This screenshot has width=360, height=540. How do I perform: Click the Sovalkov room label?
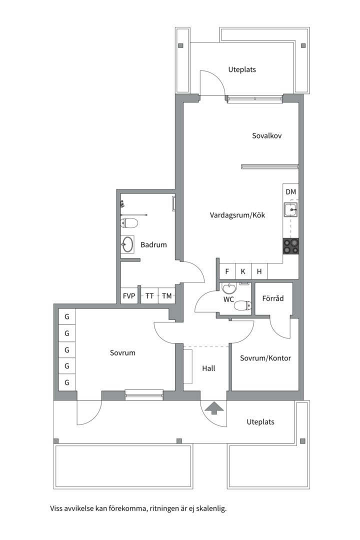pyautogui.click(x=267, y=135)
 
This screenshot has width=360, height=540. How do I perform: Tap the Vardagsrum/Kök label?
pyautogui.click(x=237, y=215)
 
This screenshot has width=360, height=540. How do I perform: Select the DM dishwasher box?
pyautogui.click(x=290, y=192)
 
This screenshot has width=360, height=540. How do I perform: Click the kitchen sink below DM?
pyautogui.click(x=290, y=210)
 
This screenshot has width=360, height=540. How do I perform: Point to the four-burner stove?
pyautogui.click(x=290, y=245)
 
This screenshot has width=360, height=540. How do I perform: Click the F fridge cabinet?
pyautogui.click(x=227, y=271)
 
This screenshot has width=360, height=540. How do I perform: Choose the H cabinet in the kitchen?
pyautogui.click(x=259, y=271)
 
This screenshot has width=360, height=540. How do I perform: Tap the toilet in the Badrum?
pyautogui.click(x=129, y=222)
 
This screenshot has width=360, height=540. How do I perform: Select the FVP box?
pyautogui.click(x=129, y=296)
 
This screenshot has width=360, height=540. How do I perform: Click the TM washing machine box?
pyautogui.click(x=166, y=296)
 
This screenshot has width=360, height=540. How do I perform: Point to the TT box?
pyautogui.click(x=149, y=296)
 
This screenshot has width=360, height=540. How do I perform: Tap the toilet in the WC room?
pyautogui.click(x=242, y=305)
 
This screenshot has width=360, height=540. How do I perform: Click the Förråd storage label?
pyautogui.click(x=273, y=298)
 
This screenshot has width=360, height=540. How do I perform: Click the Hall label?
pyautogui.click(x=208, y=368)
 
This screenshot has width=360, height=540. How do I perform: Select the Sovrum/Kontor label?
pyautogui.click(x=265, y=358)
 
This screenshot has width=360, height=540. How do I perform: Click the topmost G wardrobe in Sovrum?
pyautogui.click(x=66, y=316)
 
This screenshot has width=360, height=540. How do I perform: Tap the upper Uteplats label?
pyautogui.click(x=242, y=69)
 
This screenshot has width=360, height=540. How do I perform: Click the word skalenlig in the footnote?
pyautogui.click(x=211, y=509)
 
